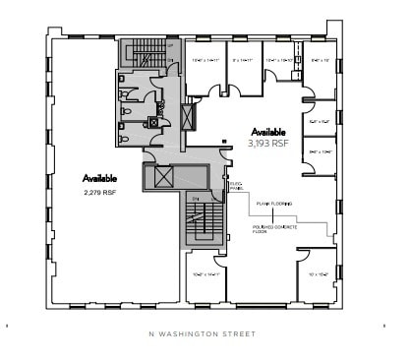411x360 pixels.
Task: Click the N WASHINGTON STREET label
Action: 205,334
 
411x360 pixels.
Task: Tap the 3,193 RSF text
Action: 267,143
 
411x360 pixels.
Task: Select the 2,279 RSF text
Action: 100,192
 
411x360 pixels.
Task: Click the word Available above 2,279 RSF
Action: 100,179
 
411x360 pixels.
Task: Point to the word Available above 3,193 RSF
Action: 268,131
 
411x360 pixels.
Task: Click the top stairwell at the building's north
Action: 144,50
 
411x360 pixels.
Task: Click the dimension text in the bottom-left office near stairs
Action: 205,274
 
